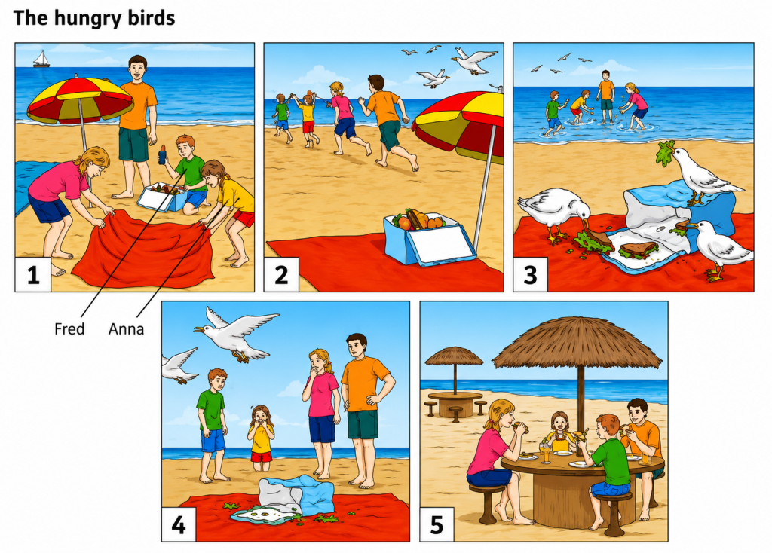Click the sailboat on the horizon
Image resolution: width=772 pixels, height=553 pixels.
tap(41, 59)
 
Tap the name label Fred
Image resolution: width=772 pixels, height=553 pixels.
tap(69, 328)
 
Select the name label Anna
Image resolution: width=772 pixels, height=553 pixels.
tap(126, 328)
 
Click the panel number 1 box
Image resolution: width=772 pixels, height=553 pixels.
tap(33, 274)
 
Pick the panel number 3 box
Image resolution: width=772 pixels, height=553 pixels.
tap(530, 274)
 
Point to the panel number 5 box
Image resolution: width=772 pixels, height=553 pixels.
tap(437, 524)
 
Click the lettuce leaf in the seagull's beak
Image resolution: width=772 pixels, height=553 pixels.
tap(665, 152)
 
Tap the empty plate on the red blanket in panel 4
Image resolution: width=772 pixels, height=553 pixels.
tap(265, 515)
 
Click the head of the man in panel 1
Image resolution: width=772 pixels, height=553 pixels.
tap(138, 67)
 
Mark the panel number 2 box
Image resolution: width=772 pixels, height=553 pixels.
tap(281, 274)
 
